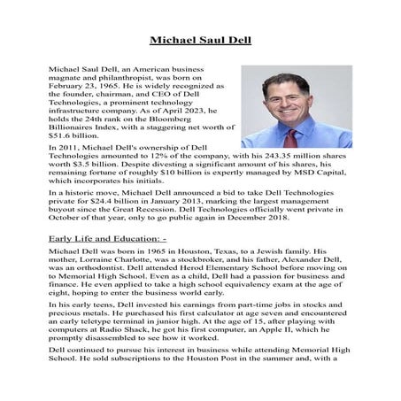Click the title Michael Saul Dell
tap(200, 40)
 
